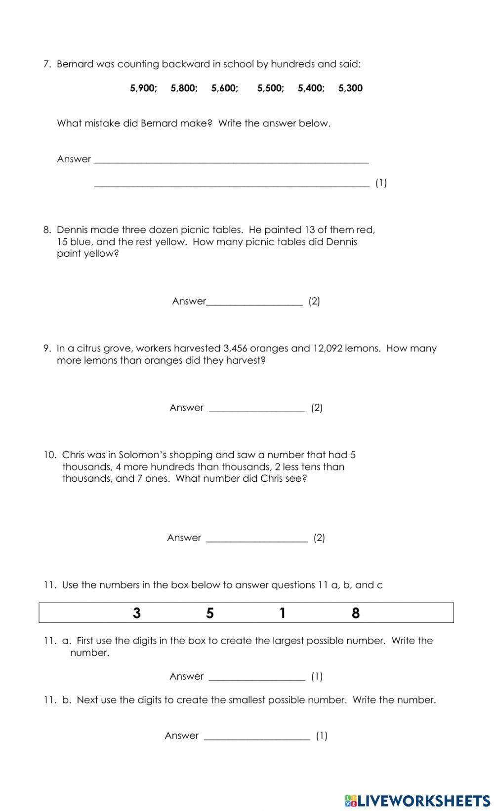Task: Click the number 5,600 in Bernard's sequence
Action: click(224, 88)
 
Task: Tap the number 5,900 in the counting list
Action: click(143, 88)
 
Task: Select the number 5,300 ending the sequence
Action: click(350, 88)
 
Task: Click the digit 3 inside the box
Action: click(137, 613)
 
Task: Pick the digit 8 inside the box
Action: click(356, 613)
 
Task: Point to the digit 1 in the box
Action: click(283, 613)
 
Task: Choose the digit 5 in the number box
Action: click(210, 613)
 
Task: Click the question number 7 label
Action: click(47, 64)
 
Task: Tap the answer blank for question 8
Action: click(254, 302)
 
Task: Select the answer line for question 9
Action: click(257, 409)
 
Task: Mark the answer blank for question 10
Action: click(257, 539)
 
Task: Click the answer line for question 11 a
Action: click(257, 677)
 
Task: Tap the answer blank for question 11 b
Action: click(257, 736)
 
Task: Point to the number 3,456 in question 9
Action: click(235, 348)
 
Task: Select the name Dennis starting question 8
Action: click(72, 230)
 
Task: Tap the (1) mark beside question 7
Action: click(381, 183)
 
